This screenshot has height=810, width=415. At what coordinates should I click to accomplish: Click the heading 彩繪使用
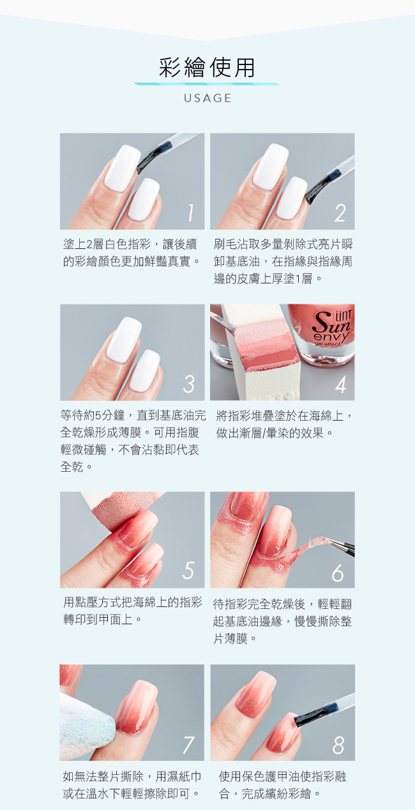coord(207,67)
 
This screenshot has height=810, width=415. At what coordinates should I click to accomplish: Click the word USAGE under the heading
coord(207,98)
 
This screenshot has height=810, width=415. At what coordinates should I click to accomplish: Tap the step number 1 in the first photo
coord(191,213)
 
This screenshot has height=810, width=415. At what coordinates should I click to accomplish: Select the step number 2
coord(340,213)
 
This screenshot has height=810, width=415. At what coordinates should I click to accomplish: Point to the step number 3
coord(189,384)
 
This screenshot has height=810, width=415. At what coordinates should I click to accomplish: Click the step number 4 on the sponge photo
coord(340,384)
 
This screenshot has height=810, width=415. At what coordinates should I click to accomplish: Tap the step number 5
coord(188,571)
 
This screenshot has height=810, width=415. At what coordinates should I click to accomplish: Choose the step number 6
coord(338,573)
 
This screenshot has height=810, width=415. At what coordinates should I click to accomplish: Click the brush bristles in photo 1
coord(147,160)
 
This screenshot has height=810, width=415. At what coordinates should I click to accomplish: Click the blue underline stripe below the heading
coord(207,84)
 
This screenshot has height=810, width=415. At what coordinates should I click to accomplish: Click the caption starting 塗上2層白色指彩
coord(131,252)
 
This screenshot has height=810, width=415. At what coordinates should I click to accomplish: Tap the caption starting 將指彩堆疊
coord(283,424)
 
